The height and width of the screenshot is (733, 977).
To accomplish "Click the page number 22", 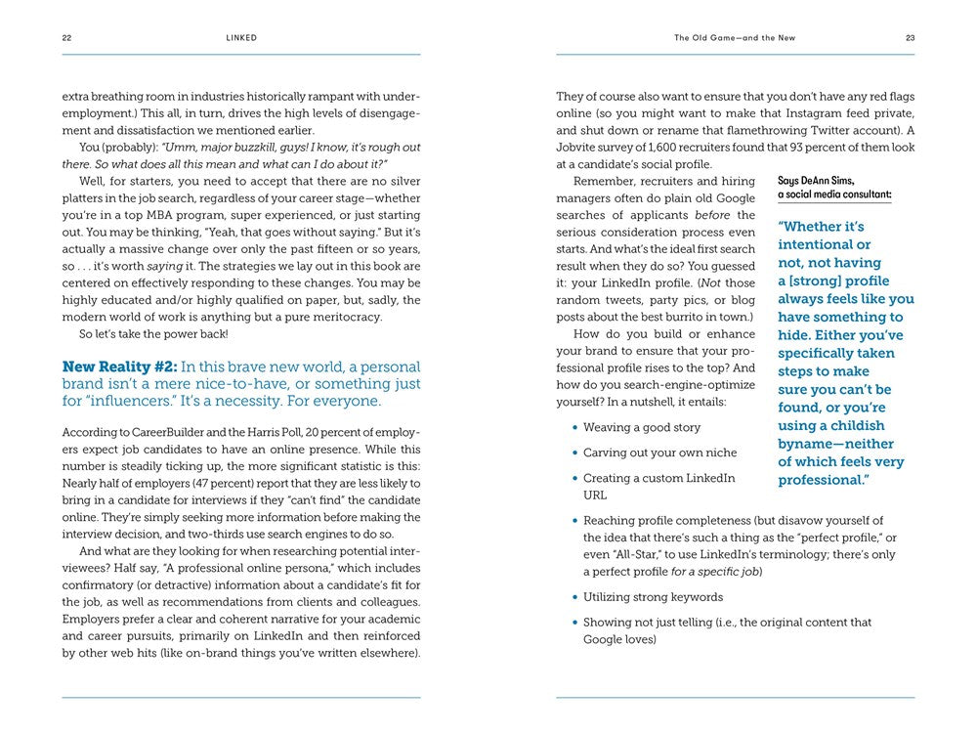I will (66, 38).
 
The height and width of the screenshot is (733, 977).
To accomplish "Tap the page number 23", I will (910, 38).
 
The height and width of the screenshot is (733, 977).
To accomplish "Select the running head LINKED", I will (240, 38).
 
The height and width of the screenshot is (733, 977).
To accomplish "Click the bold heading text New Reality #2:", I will (119, 366).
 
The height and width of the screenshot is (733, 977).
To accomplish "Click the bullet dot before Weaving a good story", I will (572, 428).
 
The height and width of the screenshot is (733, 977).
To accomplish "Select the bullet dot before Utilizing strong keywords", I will (572, 597).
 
